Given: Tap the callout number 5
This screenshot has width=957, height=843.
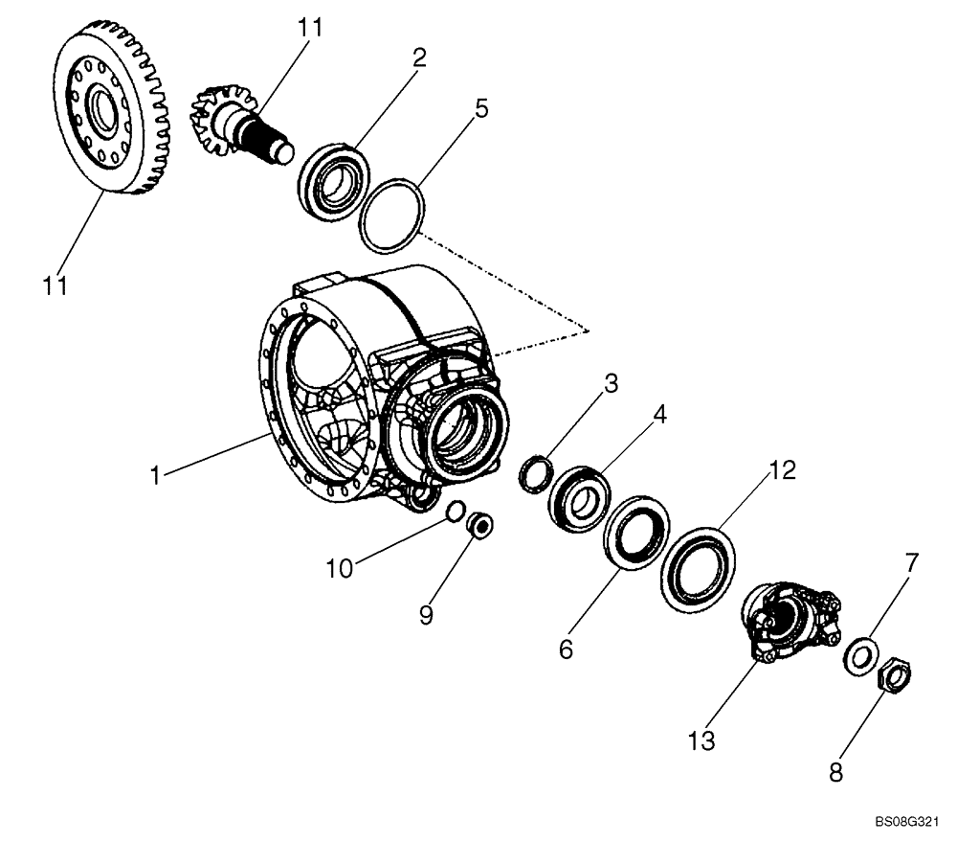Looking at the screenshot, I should pos(481,107).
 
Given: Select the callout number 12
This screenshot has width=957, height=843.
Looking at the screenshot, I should pos(781,470).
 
